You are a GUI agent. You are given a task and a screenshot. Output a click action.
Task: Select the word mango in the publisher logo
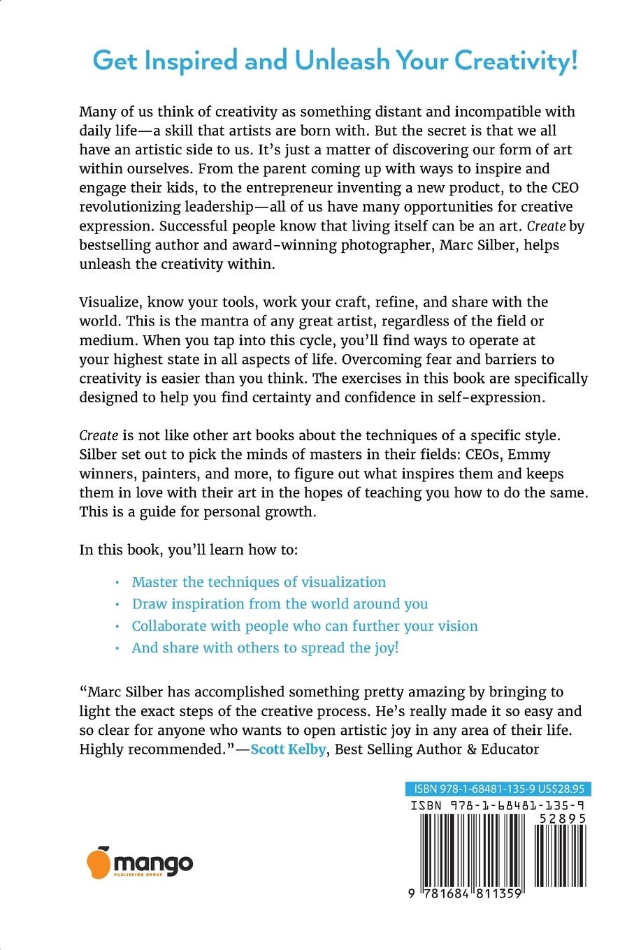click(152, 862)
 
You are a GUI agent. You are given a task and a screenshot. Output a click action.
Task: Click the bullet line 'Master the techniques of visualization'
click(259, 582)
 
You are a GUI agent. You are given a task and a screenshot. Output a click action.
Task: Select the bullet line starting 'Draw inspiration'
click(280, 604)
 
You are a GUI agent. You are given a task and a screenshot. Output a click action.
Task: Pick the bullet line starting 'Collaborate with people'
click(305, 626)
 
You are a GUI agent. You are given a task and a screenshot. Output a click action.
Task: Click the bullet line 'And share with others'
click(265, 648)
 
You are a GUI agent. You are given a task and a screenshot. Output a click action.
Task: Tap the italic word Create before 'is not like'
click(99, 435)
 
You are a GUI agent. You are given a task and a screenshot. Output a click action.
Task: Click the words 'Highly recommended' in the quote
click(153, 750)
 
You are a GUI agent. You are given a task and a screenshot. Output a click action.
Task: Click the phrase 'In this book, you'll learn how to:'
click(189, 549)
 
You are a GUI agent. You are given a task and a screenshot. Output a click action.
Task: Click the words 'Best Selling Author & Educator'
click(435, 750)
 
